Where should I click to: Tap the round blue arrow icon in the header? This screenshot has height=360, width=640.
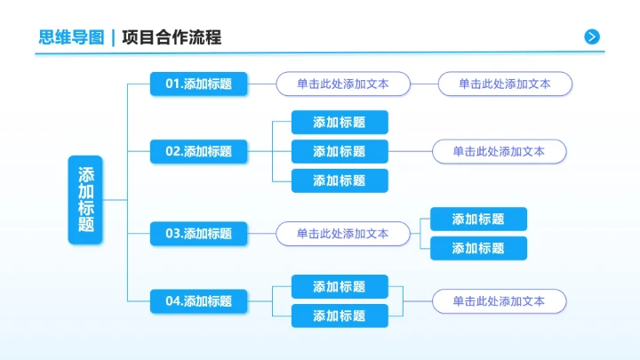[x=592, y=36]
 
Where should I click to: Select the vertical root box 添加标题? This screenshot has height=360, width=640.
[x=86, y=200]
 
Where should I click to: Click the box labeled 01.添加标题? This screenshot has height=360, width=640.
[x=198, y=84]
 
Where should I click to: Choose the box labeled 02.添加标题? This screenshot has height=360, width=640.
[x=198, y=151]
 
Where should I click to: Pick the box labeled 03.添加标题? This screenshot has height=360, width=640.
[x=198, y=234]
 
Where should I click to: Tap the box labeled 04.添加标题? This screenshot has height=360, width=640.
[x=198, y=301]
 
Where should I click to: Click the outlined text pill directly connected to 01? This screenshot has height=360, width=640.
[x=342, y=84]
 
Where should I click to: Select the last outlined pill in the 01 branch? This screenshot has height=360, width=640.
[x=505, y=84]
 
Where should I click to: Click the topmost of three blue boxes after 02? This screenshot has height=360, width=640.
[x=340, y=123]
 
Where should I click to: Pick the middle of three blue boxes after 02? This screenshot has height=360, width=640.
[x=340, y=151]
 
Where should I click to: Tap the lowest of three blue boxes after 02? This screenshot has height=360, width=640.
[x=340, y=180]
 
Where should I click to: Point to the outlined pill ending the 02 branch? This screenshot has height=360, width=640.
[x=499, y=151]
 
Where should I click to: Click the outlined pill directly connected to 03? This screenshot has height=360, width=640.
[x=342, y=234]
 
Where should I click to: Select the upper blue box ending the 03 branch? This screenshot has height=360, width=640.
[x=478, y=220]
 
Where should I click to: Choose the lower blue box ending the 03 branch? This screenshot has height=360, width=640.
[x=478, y=248]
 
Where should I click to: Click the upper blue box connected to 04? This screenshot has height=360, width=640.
[x=340, y=287]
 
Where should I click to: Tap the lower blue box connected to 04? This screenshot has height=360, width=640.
[x=340, y=316]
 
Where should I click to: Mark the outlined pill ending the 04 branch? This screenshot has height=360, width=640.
[x=499, y=301]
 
